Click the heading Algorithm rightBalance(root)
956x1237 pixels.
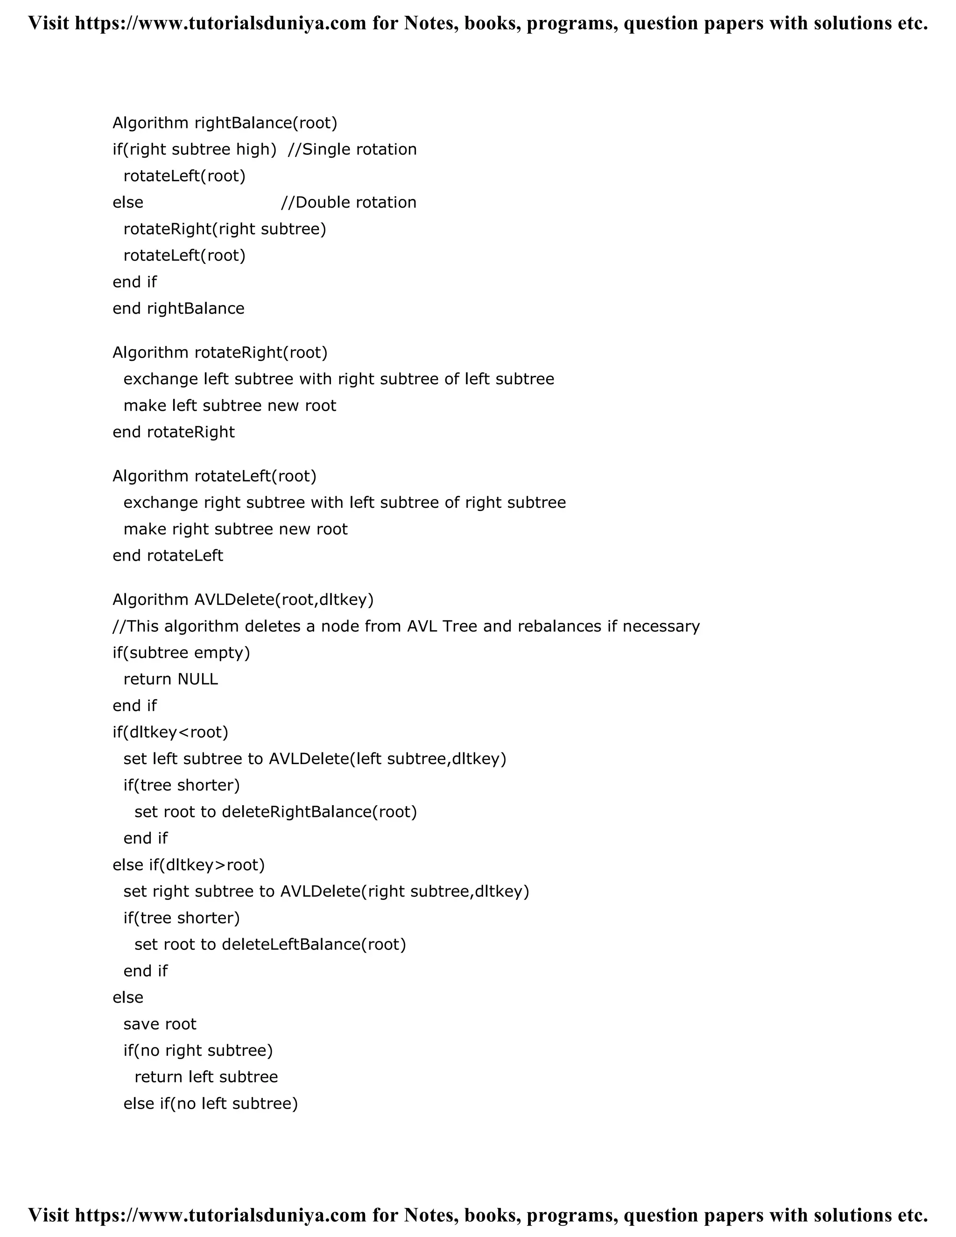225,123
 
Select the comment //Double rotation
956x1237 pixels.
348,203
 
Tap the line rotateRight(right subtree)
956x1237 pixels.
225,229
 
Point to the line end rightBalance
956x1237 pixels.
178,309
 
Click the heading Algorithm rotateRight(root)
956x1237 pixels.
220,353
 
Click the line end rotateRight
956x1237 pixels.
173,432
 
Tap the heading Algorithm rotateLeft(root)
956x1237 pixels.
214,476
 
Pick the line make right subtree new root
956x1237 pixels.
235,529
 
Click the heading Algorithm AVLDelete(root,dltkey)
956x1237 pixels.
243,600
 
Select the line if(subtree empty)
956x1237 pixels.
181,653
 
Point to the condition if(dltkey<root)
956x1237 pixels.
170,732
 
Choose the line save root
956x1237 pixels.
160,1024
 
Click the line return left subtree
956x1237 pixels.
206,1077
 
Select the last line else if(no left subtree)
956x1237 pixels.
211,1103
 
